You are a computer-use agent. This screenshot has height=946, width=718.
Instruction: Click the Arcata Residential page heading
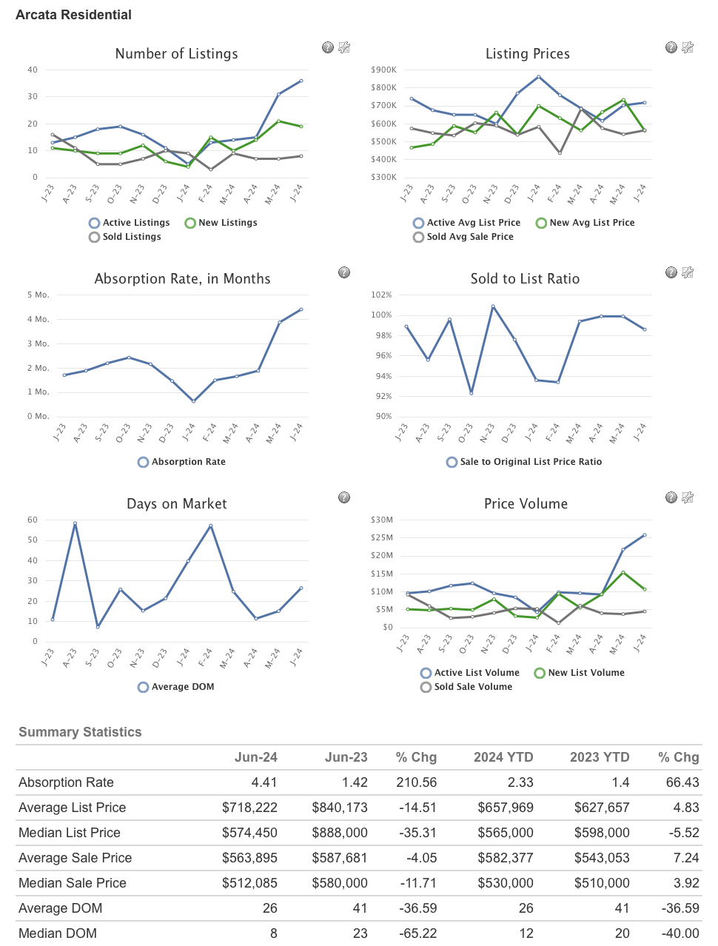73,15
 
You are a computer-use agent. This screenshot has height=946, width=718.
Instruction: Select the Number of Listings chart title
176,54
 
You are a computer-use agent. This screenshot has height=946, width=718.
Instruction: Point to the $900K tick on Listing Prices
383,70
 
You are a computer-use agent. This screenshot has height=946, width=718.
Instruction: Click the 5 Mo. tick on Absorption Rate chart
38,295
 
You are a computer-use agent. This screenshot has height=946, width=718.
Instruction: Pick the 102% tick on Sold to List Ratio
381,295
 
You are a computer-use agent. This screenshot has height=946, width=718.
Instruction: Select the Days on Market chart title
176,504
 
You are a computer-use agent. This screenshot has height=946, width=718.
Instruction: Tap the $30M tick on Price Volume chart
383,520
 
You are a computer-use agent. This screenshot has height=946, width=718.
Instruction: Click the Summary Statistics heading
80,732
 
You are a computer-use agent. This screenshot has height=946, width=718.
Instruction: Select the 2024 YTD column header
503,757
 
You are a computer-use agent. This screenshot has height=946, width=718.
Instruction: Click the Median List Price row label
70,833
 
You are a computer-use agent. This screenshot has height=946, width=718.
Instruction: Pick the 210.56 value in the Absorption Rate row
417,782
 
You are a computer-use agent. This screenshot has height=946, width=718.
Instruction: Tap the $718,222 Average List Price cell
249,808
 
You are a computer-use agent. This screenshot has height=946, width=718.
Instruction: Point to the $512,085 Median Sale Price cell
249,883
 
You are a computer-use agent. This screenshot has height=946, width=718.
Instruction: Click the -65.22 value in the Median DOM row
418,933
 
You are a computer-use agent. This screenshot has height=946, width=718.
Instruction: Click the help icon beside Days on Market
344,497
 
